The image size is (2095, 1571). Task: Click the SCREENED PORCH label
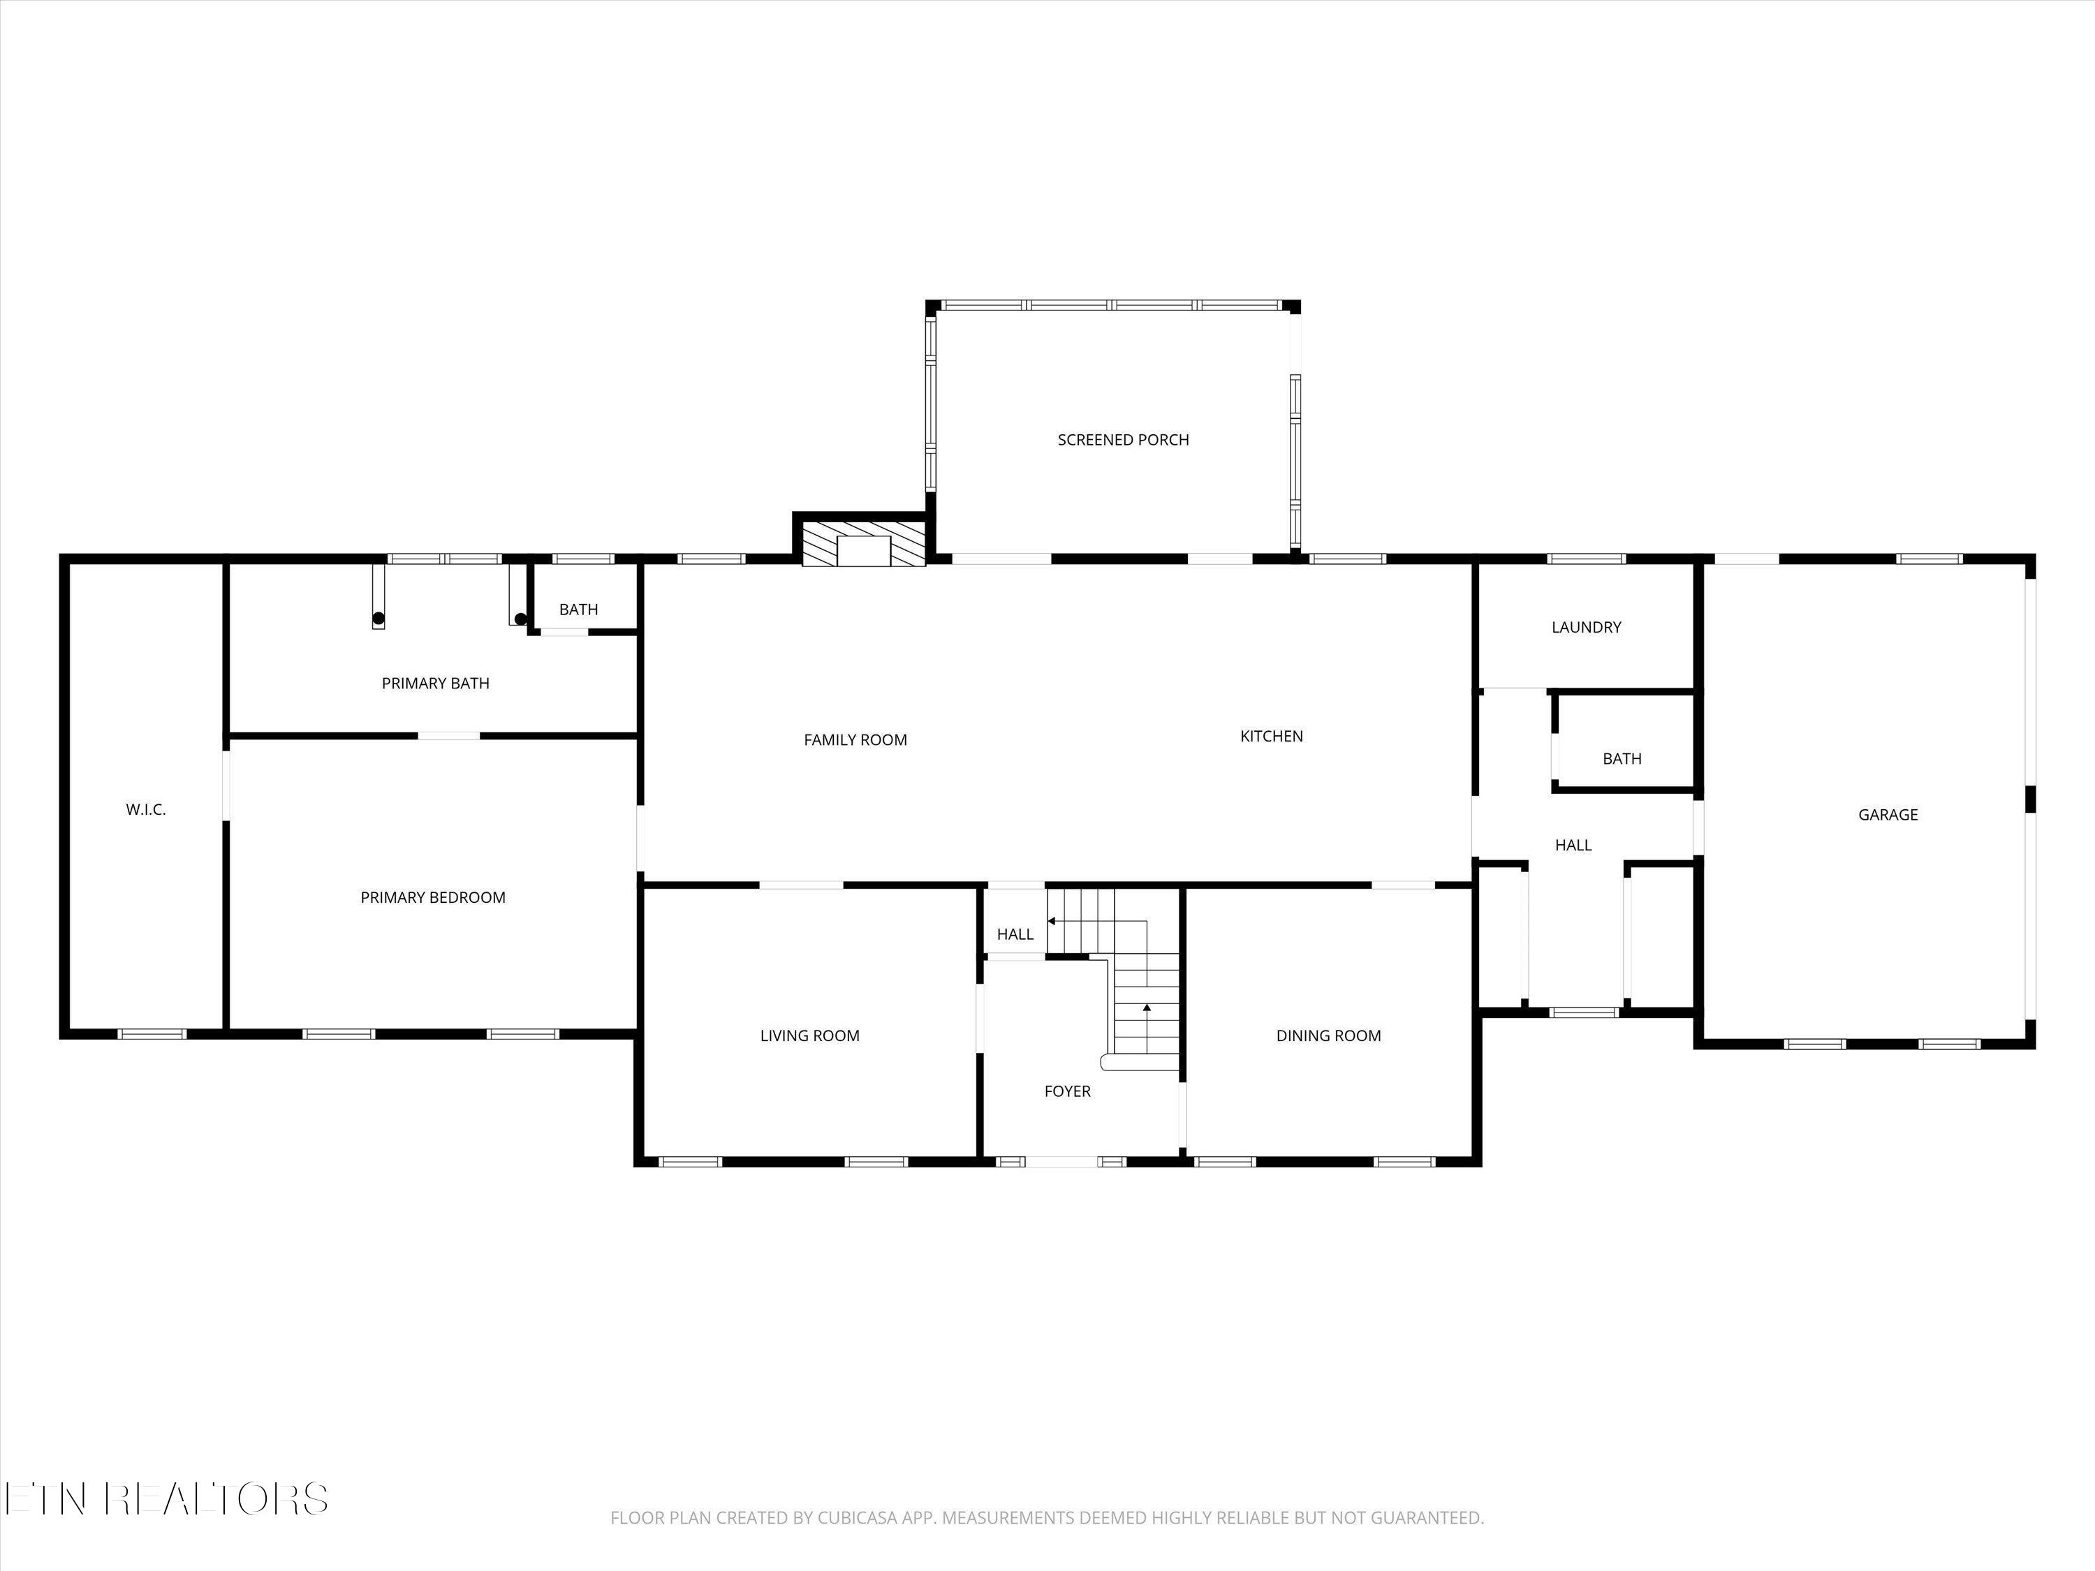pos(1122,439)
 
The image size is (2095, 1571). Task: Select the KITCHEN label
pos(1271,736)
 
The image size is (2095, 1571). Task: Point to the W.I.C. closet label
pos(146,810)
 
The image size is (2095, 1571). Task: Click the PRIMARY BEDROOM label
pos(433,897)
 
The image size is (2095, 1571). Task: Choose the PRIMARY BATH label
pos(435,683)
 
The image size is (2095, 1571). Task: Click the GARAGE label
pos(1887,814)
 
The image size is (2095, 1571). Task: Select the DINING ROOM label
pos(1328,1035)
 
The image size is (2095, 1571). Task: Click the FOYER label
pos(1066,1091)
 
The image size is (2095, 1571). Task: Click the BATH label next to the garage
pos(1622,758)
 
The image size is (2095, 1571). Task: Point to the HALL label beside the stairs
pos(1015,934)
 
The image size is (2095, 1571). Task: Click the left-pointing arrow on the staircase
pos(1051,920)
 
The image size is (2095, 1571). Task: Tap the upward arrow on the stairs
pos(1146,1008)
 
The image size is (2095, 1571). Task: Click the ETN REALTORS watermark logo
pos(166,1498)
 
